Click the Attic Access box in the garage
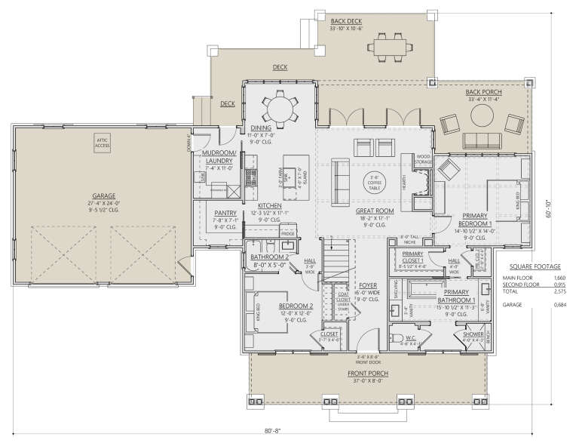pos(103,143)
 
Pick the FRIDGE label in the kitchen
pos(288,235)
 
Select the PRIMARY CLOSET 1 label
pos(413,257)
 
